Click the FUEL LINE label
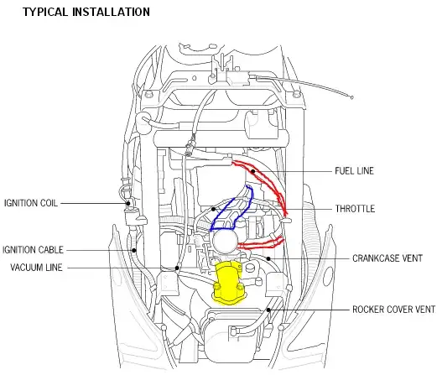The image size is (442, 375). [x=354, y=171]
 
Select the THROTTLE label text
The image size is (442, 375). [x=355, y=209]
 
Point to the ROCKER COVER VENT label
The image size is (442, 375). [x=393, y=309]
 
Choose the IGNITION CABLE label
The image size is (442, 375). [x=33, y=249]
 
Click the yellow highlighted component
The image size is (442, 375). [x=227, y=280]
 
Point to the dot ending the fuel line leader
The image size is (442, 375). [x=253, y=171]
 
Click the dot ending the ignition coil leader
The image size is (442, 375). [x=127, y=202]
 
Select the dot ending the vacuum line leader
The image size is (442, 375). [x=177, y=268]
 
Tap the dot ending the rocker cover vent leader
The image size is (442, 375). [x=269, y=310]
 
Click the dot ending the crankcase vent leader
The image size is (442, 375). [x=269, y=258]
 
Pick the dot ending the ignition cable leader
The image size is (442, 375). [x=133, y=249]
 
